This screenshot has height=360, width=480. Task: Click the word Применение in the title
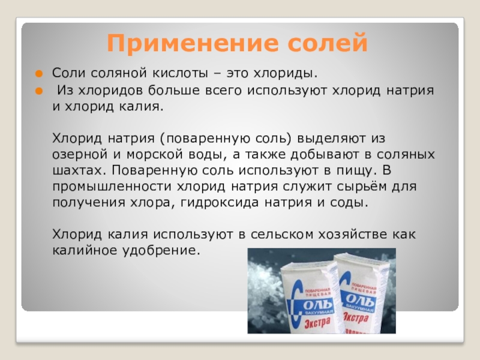click(x=193, y=44)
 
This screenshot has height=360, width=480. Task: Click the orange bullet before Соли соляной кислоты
click(x=39, y=74)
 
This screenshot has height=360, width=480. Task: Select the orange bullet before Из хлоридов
click(x=39, y=91)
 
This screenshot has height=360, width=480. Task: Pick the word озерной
click(x=80, y=155)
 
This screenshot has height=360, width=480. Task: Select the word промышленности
click(x=112, y=187)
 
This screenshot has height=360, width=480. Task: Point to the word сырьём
click(x=362, y=187)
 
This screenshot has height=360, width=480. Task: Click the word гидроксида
click(x=220, y=203)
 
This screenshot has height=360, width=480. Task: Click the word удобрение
click(x=161, y=250)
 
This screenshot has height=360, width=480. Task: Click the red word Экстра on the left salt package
click(x=318, y=323)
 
